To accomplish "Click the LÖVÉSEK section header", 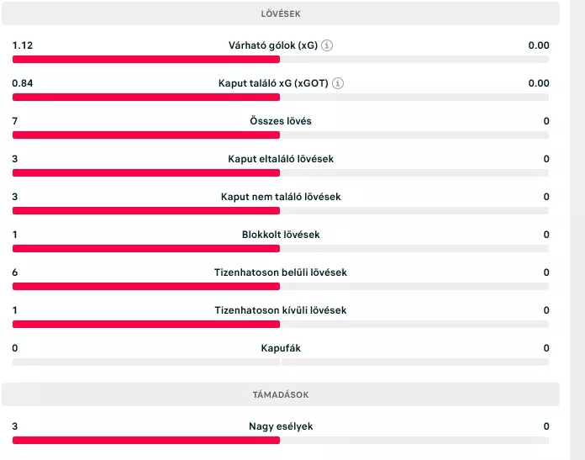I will tap(281, 13).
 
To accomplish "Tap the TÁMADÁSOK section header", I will tap(281, 394).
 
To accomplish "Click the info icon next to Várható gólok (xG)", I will tap(327, 45).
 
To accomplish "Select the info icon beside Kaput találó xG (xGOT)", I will tap(337, 83).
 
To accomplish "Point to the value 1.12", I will tap(23, 45).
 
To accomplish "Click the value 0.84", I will tap(23, 83).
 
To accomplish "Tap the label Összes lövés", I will tap(281, 121).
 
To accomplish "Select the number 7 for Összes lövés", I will tap(15, 121).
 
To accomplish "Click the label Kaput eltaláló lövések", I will tap(281, 159).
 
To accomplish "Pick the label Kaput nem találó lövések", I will tap(281, 197).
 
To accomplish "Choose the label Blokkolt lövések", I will tap(281, 235).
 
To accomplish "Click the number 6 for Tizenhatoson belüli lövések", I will tap(15, 272).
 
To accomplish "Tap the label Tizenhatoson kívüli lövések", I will tap(281, 310).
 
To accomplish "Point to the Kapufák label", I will tap(281, 348).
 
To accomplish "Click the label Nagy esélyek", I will tap(281, 426).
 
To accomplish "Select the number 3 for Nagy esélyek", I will tap(15, 426).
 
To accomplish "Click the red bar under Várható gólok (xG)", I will tap(145, 60).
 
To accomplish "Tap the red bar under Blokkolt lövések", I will tap(145, 249).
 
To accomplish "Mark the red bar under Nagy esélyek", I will tap(145, 440).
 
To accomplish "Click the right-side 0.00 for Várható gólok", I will tap(538, 45).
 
